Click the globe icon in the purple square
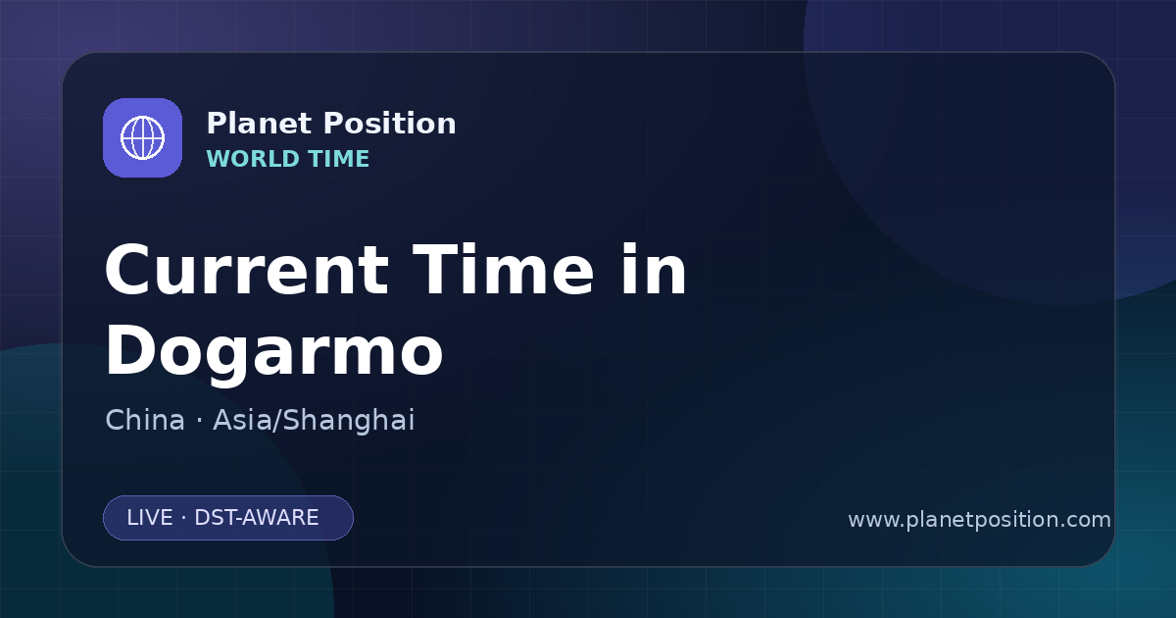pyautogui.click(x=142, y=137)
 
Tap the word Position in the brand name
pyautogui.click(x=390, y=124)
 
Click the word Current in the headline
pyautogui.click(x=247, y=270)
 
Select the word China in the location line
pyautogui.click(x=145, y=420)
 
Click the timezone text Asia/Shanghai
pyautogui.click(x=314, y=421)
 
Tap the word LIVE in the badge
pyautogui.click(x=150, y=518)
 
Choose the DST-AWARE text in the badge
pyautogui.click(x=256, y=518)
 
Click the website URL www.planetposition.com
pyautogui.click(x=979, y=520)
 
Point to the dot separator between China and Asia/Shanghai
pyautogui.click(x=199, y=421)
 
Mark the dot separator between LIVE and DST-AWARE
pyautogui.click(x=183, y=519)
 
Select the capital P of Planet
pyautogui.click(x=217, y=124)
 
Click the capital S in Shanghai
pyautogui.click(x=293, y=420)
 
